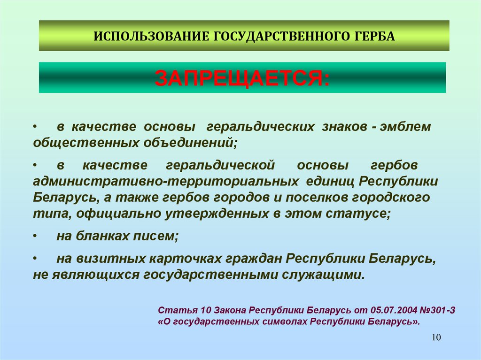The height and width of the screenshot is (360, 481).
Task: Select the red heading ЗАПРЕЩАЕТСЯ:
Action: point(242,78)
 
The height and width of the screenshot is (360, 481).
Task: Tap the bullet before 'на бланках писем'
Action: point(36,237)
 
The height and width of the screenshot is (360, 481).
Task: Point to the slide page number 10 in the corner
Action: point(435,338)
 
